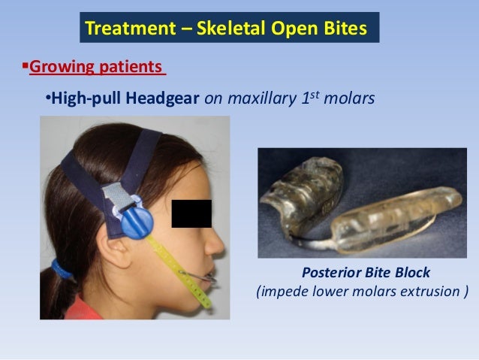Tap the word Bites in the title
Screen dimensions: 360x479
coord(345,29)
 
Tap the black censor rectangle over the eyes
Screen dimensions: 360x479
coord(191,213)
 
